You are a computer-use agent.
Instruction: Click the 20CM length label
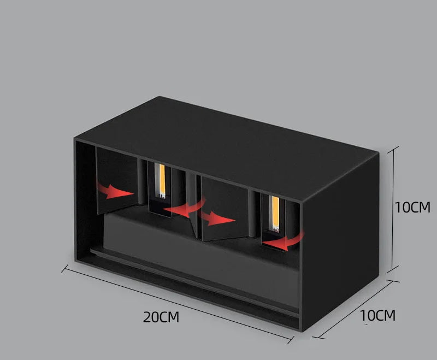[161, 317]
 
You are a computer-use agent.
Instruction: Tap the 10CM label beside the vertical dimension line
[413, 208]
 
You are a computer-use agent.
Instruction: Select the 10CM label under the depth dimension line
[377, 315]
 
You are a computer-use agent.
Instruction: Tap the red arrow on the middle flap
[218, 218]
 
